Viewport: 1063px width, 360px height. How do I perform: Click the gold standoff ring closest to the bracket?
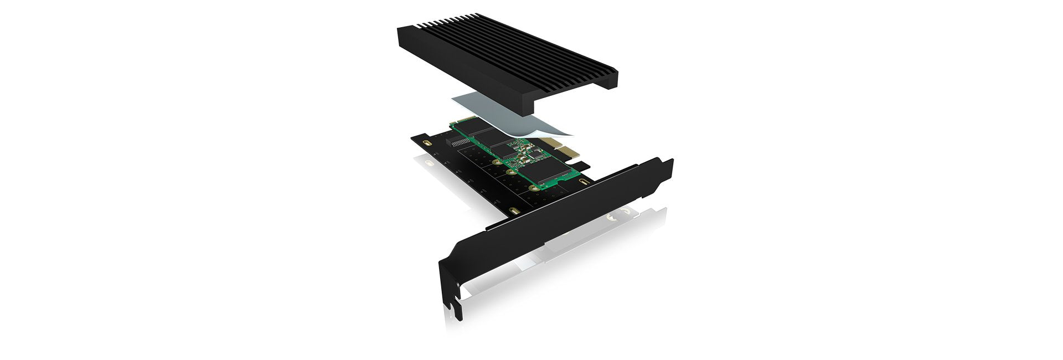click(x=533, y=189)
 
